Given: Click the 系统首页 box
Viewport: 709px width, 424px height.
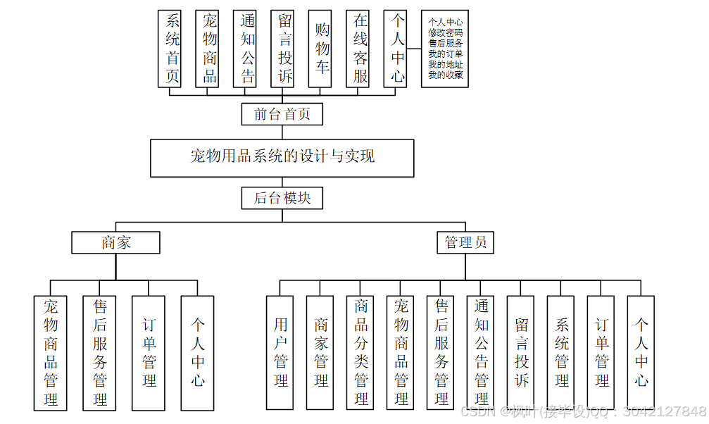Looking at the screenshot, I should coord(172,49).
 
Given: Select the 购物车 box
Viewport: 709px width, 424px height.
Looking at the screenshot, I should coord(322,49).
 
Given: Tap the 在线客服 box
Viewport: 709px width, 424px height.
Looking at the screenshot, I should coord(360,49).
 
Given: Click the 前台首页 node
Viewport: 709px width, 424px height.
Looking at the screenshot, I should coord(282,114).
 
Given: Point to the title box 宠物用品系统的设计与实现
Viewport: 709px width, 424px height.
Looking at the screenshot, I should coord(282,157).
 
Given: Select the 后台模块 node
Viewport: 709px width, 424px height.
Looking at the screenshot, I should coord(282,199).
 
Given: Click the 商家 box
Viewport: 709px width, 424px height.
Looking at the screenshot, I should coord(116,243).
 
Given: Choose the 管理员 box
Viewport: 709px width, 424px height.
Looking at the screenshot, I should coord(465,243).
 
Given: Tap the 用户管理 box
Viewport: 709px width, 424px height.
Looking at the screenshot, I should coord(281,352).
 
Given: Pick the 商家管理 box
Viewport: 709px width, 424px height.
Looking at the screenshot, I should coord(321,352).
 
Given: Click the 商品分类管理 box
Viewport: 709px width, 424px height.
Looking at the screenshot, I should coord(361,352).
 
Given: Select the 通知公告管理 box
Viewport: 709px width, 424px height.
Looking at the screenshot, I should coord(482,352).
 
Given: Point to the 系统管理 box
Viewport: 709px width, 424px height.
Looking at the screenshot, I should coord(562,352).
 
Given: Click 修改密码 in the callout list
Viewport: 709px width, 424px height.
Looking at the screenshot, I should coord(446,33).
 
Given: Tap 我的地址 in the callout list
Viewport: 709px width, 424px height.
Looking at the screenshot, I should coord(446,64).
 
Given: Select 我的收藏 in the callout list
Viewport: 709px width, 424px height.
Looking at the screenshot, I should coord(446,75).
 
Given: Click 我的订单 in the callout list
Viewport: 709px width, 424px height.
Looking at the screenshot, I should coord(446,54).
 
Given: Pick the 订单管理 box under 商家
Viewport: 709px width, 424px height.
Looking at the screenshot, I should coord(149,352).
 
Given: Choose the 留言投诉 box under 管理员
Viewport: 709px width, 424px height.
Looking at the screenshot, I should coord(522,352).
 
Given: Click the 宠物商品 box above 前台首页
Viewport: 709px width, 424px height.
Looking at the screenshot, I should coord(210,49).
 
